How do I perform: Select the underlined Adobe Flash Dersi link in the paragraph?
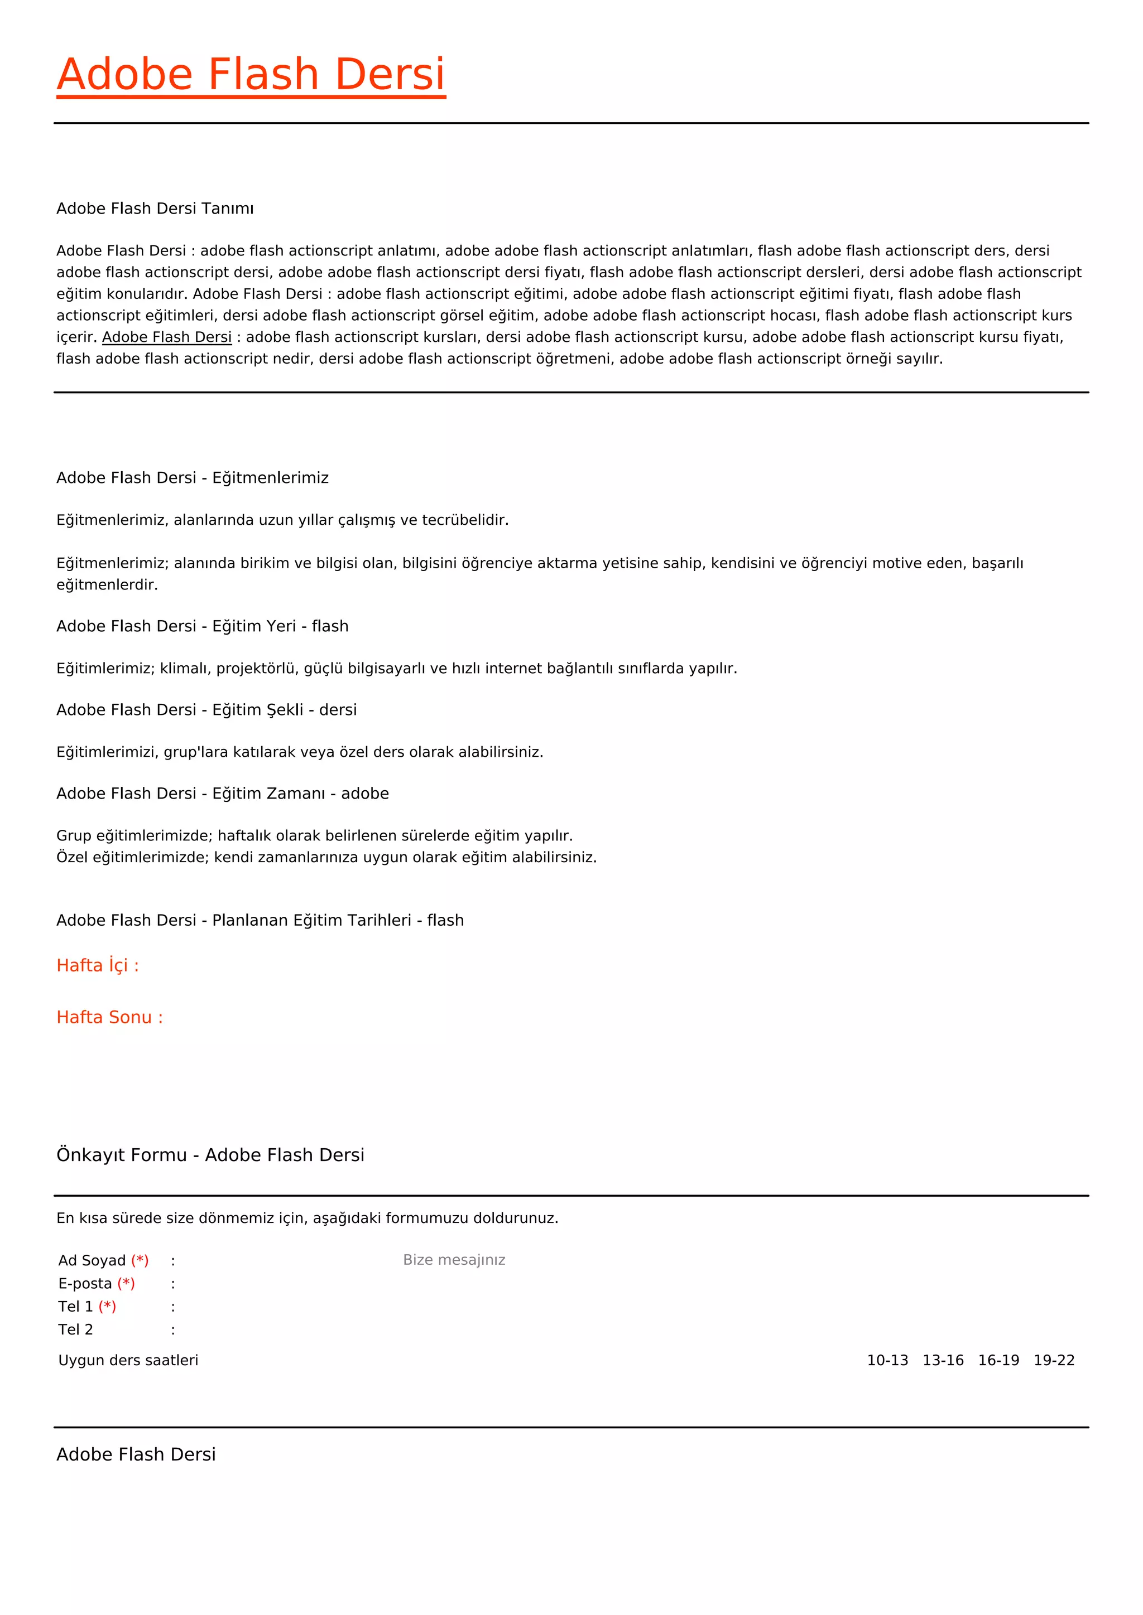pos(167,337)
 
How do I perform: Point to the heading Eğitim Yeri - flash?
pos(202,626)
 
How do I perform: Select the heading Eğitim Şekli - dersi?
pos(206,710)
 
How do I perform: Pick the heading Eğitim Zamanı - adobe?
pos(223,794)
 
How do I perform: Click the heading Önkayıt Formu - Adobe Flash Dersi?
pos(210,1155)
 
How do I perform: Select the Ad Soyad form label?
pos(92,1260)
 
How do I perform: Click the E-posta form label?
pos(85,1284)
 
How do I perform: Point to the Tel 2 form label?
pos(75,1329)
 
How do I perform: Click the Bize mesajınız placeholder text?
pos(454,1260)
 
